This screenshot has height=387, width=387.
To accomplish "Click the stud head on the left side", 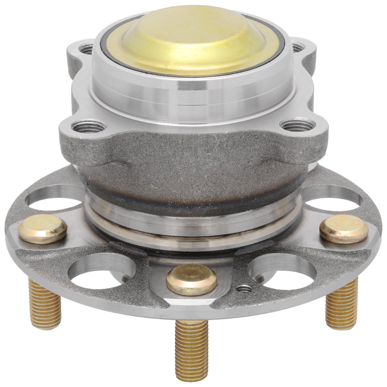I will click(x=43, y=229).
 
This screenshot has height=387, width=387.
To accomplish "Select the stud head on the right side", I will click(x=344, y=229).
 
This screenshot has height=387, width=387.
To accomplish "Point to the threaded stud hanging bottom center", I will click(x=192, y=348).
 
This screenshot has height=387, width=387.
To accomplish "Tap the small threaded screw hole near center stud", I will click(x=244, y=288).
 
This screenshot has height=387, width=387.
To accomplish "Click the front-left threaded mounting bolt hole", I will click(x=89, y=127).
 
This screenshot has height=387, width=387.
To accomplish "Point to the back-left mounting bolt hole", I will click(x=86, y=49).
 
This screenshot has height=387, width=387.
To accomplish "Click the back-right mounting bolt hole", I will click(x=297, y=48).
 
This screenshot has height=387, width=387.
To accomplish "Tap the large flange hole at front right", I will click(x=283, y=273).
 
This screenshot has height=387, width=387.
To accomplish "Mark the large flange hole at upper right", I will click(x=332, y=197).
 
